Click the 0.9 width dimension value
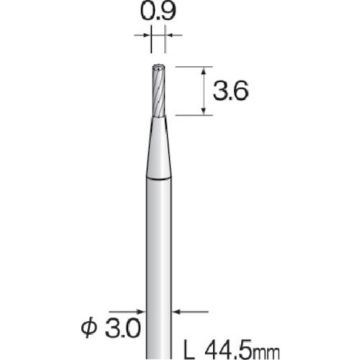click(158, 12)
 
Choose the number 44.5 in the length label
click(225, 350)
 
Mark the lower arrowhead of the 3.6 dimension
click(207, 109)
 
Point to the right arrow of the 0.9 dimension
click(171, 33)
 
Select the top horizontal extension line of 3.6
click(191, 66)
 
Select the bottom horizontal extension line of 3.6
click(191, 114)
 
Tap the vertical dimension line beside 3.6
click(207, 91)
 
